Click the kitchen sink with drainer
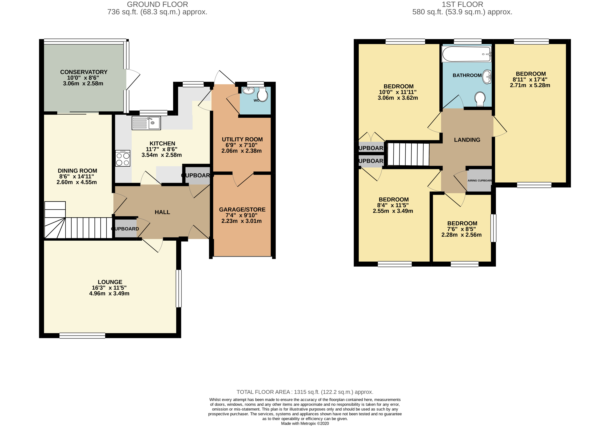pyautogui.click(x=146, y=123)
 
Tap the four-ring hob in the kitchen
pyautogui.click(x=123, y=158)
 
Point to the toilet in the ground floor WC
pyautogui.click(x=262, y=95)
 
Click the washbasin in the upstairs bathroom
pyautogui.click(x=487, y=77)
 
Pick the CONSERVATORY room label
pyautogui.click(x=84, y=72)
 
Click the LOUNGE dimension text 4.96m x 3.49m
pyautogui.click(x=109, y=294)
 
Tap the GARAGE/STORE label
pyautogui.click(x=242, y=210)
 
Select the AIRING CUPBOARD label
pyautogui.click(x=480, y=181)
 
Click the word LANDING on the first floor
pyautogui.click(x=467, y=140)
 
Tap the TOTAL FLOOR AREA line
pyautogui.click(x=305, y=392)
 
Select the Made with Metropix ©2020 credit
pyautogui.click(x=305, y=424)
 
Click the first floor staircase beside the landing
pyautogui.click(x=408, y=154)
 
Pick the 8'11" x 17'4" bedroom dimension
pyautogui.click(x=530, y=80)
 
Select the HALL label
pyautogui.click(x=162, y=212)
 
